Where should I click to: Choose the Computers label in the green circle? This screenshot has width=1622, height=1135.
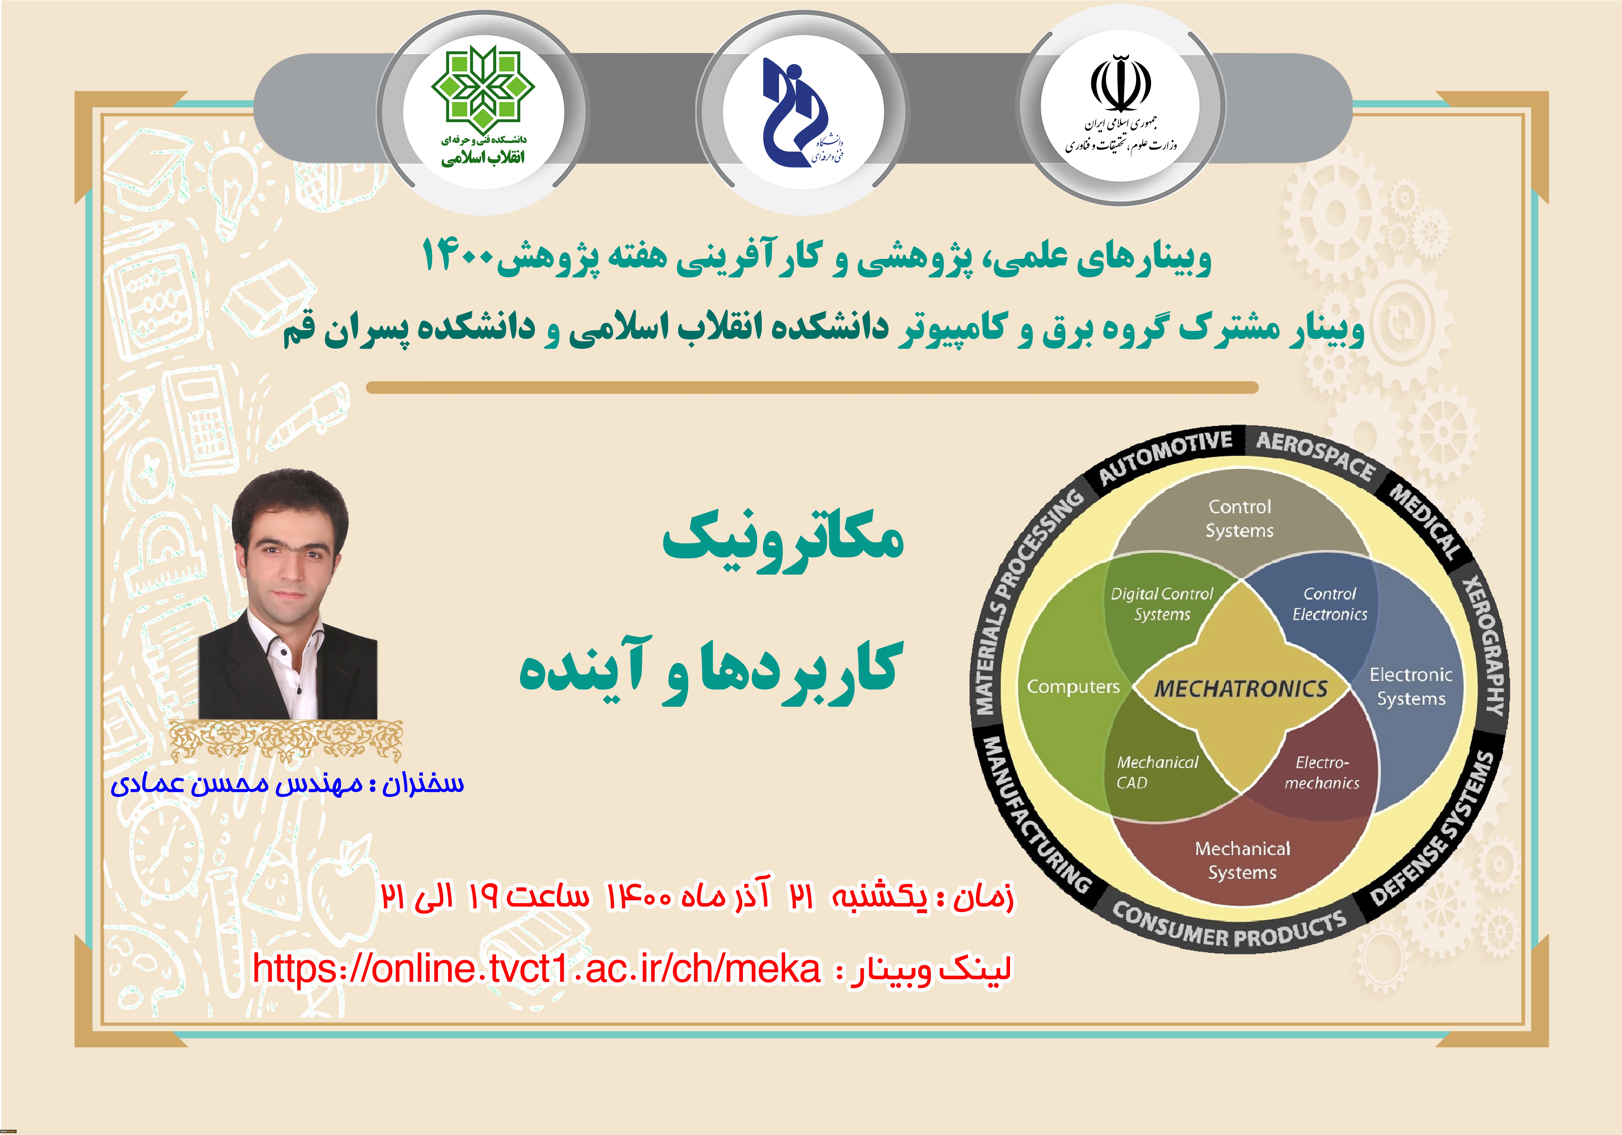pos(1073,686)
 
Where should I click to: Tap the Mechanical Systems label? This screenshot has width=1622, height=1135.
pos(1243,860)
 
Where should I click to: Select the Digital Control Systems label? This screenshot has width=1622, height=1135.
pos(1162,604)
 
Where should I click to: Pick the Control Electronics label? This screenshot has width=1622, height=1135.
pos(1329,604)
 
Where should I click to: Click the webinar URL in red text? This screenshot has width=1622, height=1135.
pos(537,968)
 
